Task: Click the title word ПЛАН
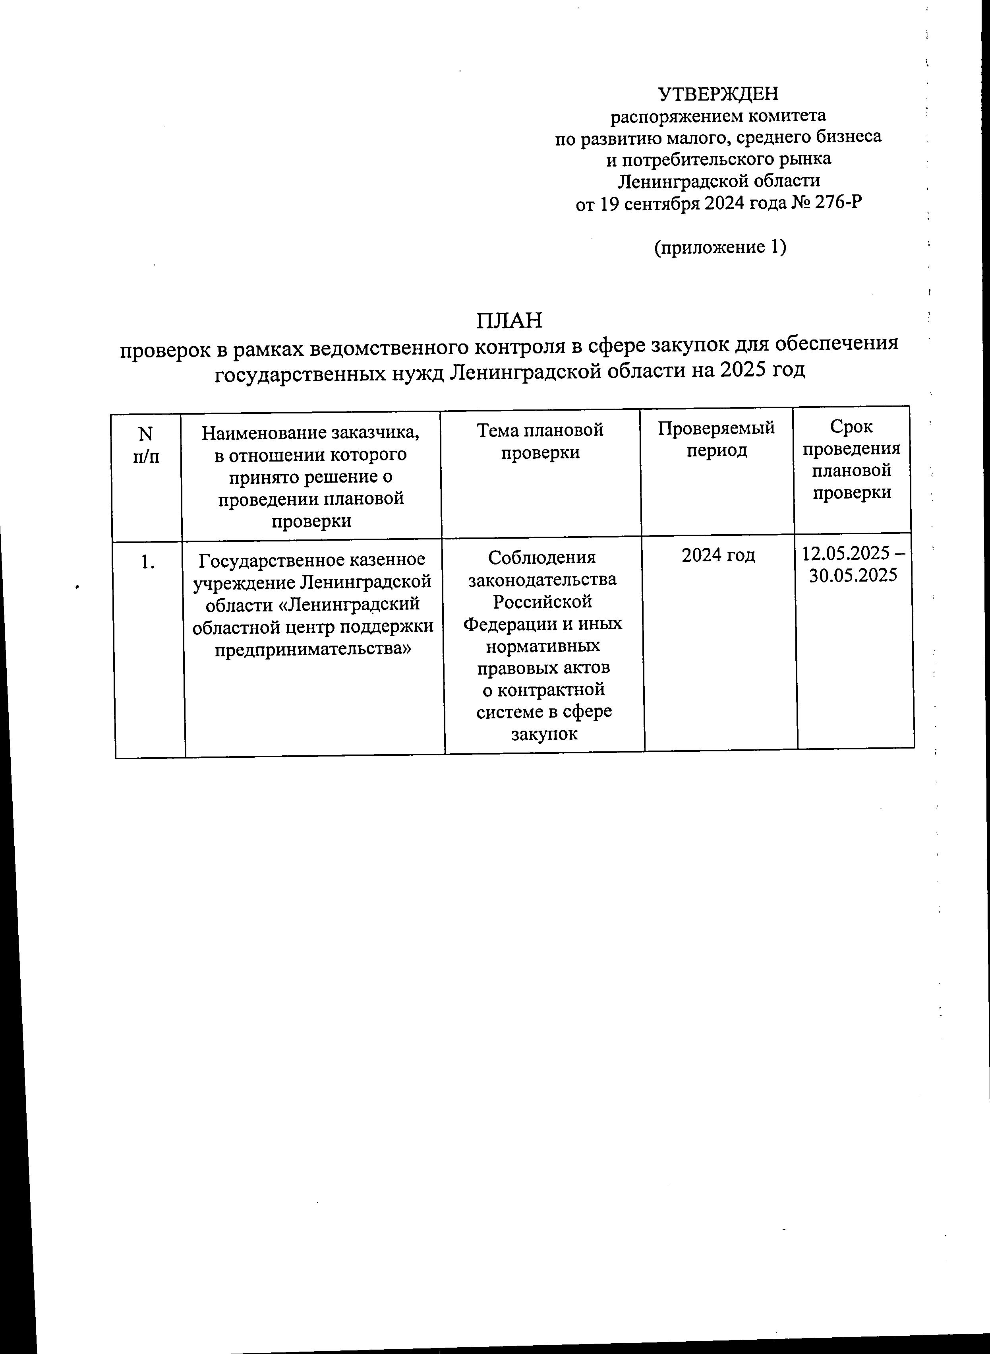pos(509,321)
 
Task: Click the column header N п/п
pos(146,445)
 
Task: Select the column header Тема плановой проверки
pos(540,441)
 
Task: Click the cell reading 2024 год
pos(719,556)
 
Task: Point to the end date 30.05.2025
pos(853,576)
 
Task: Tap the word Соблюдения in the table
pos(542,558)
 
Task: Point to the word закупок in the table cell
pos(544,734)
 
